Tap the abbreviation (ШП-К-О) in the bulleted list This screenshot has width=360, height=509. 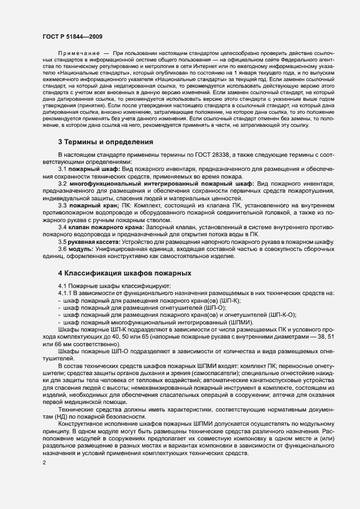284,315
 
